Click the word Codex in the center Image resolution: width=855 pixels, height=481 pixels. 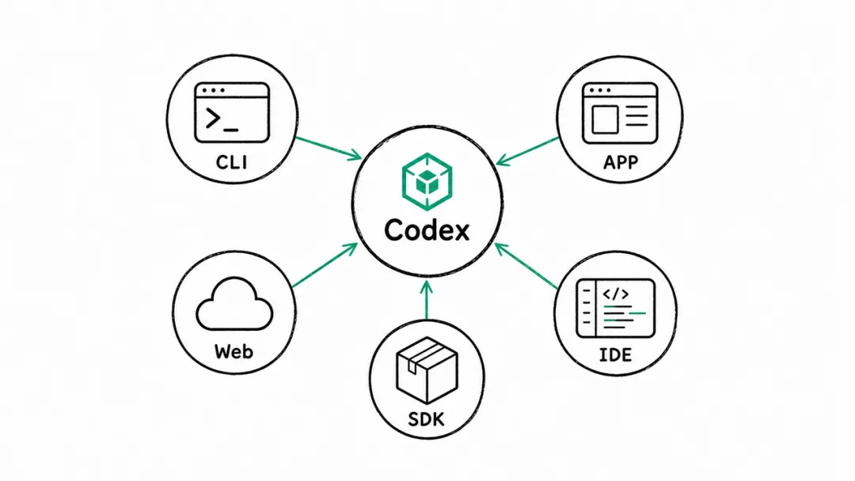coord(427,230)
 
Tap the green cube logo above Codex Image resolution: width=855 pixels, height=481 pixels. coord(427,181)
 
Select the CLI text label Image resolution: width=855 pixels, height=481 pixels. coord(231,162)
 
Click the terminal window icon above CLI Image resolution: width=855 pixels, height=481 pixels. coord(232,113)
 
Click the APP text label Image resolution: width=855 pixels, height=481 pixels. coord(621,162)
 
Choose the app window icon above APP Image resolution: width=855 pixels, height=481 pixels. coord(620,113)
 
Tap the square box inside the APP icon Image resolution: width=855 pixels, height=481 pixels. coord(605,119)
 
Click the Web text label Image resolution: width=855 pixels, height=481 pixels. coord(234,351)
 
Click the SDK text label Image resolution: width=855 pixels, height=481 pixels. coord(427,419)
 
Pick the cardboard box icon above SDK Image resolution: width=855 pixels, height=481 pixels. coord(427,370)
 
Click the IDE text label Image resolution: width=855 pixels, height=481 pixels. coord(615,355)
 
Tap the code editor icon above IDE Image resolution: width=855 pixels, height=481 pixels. coord(616,309)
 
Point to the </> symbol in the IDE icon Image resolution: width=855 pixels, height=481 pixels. coord(616,294)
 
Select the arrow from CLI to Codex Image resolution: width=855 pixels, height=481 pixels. coord(329,148)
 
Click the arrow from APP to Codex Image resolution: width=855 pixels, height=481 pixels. coord(528,151)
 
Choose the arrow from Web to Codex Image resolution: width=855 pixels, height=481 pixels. coord(325,265)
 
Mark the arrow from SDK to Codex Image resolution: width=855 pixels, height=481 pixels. coord(427,300)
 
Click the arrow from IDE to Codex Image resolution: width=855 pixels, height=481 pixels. coord(526,266)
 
